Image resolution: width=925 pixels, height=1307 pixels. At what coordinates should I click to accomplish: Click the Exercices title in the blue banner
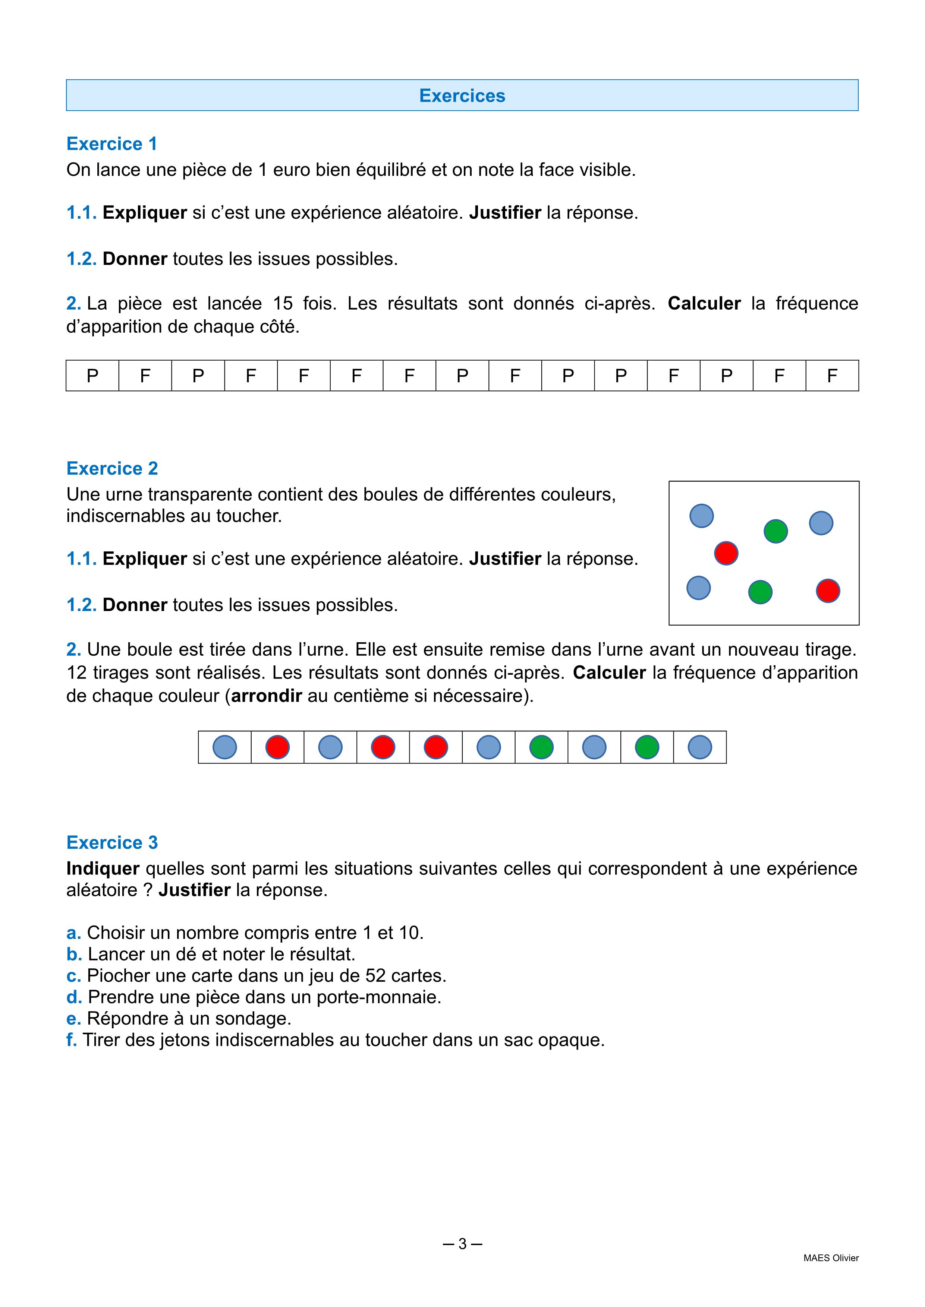(x=462, y=96)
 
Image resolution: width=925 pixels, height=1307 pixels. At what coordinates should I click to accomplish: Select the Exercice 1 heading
(x=111, y=143)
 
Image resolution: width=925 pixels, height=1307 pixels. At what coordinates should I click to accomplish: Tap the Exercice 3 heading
(x=111, y=842)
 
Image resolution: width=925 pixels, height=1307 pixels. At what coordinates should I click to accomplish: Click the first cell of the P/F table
(x=92, y=376)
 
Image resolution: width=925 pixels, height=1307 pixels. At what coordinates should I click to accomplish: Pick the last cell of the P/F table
(x=832, y=376)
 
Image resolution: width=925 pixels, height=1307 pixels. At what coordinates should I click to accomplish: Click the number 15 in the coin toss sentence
(x=283, y=303)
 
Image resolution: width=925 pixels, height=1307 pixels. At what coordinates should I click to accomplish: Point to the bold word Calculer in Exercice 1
(x=704, y=303)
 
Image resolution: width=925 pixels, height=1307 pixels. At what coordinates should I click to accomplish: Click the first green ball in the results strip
(x=541, y=747)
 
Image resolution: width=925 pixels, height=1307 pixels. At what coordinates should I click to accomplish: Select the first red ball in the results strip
(x=277, y=747)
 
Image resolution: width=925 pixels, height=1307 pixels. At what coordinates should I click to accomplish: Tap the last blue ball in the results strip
(x=700, y=747)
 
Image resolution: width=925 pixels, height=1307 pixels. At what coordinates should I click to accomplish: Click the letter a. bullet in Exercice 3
(x=73, y=933)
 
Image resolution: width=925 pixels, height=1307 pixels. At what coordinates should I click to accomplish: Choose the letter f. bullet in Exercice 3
(x=71, y=1040)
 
